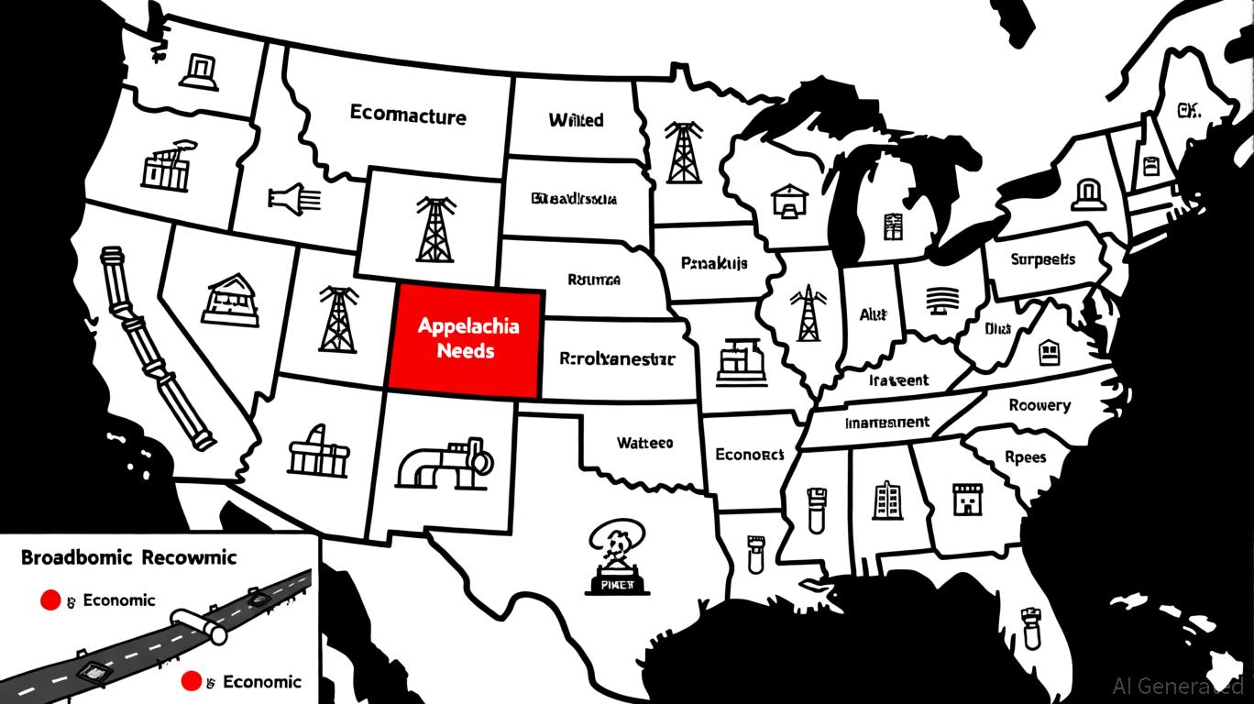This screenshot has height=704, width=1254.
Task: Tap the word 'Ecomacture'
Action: [408, 115]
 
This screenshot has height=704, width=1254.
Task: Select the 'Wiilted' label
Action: [576, 120]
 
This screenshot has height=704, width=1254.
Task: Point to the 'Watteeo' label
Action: [644, 443]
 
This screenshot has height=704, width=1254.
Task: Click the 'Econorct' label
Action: [749, 454]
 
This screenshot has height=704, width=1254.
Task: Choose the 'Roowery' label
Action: [1039, 404]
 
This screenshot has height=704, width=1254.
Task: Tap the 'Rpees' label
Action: [1025, 457]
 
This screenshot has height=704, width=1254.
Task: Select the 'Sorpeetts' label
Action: [1043, 259]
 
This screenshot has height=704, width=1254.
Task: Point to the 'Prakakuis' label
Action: [714, 263]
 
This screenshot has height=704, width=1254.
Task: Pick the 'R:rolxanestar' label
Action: [616, 358]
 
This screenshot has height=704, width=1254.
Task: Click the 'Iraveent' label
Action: [898, 379]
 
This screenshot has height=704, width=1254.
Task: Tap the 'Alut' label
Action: [873, 313]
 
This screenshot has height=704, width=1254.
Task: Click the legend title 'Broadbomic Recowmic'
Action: [128, 556]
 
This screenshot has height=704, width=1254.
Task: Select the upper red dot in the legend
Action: [51, 600]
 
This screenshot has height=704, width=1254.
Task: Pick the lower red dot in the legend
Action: [192, 681]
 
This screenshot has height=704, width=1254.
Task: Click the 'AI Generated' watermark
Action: [1178, 685]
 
